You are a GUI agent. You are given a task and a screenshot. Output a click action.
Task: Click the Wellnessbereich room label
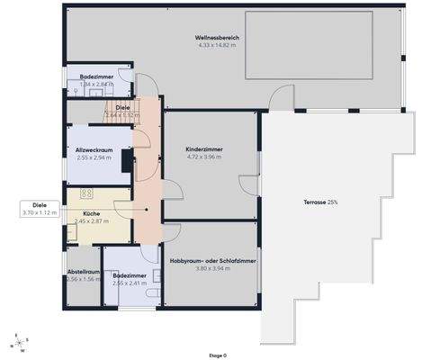click(217, 38)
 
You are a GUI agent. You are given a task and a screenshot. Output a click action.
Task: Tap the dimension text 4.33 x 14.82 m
click(217, 45)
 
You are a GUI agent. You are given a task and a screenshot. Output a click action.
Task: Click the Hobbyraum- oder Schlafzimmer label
click(212, 260)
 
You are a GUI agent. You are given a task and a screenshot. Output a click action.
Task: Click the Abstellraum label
click(83, 271)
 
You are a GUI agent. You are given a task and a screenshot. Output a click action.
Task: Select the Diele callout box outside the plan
click(39, 209)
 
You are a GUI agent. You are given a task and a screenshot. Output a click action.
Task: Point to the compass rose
click(17, 342)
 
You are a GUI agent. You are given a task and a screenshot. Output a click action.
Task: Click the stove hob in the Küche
click(88, 193)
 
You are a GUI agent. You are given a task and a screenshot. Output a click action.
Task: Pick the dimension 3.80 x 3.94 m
click(212, 267)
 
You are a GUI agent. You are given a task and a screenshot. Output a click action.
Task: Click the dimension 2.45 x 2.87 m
click(91, 220)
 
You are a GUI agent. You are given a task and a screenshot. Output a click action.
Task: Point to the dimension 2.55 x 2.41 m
click(130, 283)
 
